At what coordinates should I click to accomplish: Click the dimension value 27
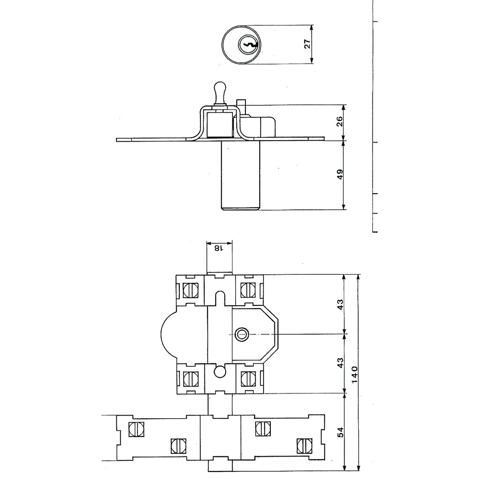pyautogui.click(x=308, y=44)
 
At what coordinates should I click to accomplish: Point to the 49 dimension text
pyautogui.click(x=339, y=175)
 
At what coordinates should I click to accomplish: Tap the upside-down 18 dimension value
pyautogui.click(x=219, y=248)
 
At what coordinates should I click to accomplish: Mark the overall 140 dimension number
pyautogui.click(x=354, y=375)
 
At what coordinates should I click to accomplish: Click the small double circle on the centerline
pyautogui.click(x=241, y=335)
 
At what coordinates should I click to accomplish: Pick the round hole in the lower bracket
pyautogui.click(x=219, y=372)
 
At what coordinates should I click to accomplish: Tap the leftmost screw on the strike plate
pyautogui.click(x=136, y=430)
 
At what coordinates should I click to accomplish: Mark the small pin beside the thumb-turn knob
pyautogui.click(x=241, y=105)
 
